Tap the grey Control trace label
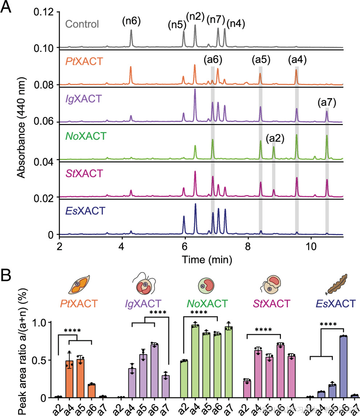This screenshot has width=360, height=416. pos(82,25)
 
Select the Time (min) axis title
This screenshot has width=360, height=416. pos(207,259)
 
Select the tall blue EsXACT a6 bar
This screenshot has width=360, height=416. pos(343,367)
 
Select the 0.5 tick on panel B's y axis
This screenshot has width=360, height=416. pos(45,360)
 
